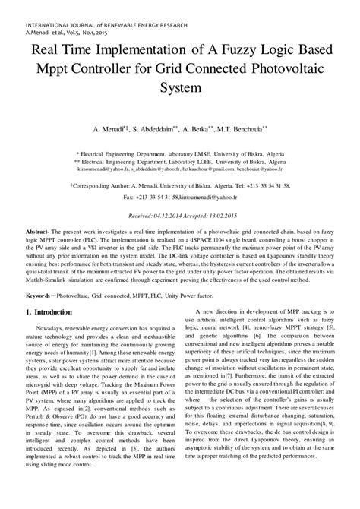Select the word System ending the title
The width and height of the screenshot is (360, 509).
tap(179, 87)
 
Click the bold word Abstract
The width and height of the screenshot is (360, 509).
tap(36, 230)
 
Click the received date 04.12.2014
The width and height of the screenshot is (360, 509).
tap(172, 217)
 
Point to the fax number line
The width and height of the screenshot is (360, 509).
tap(179, 196)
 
